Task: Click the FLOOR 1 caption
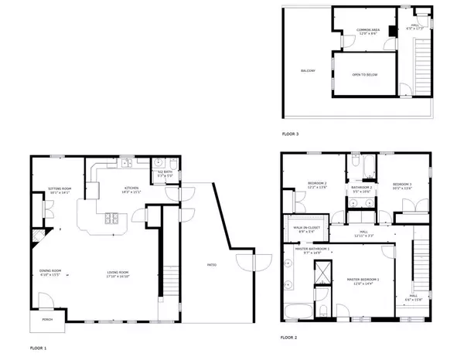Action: (39, 348)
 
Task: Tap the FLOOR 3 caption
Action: (290, 134)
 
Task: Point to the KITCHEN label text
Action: (131, 189)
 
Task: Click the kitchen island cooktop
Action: (113, 217)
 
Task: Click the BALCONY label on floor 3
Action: (308, 71)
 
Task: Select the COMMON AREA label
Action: (367, 32)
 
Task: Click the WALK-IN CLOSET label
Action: (307, 228)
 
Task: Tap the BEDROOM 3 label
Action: (402, 185)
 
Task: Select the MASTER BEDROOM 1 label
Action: (362, 284)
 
